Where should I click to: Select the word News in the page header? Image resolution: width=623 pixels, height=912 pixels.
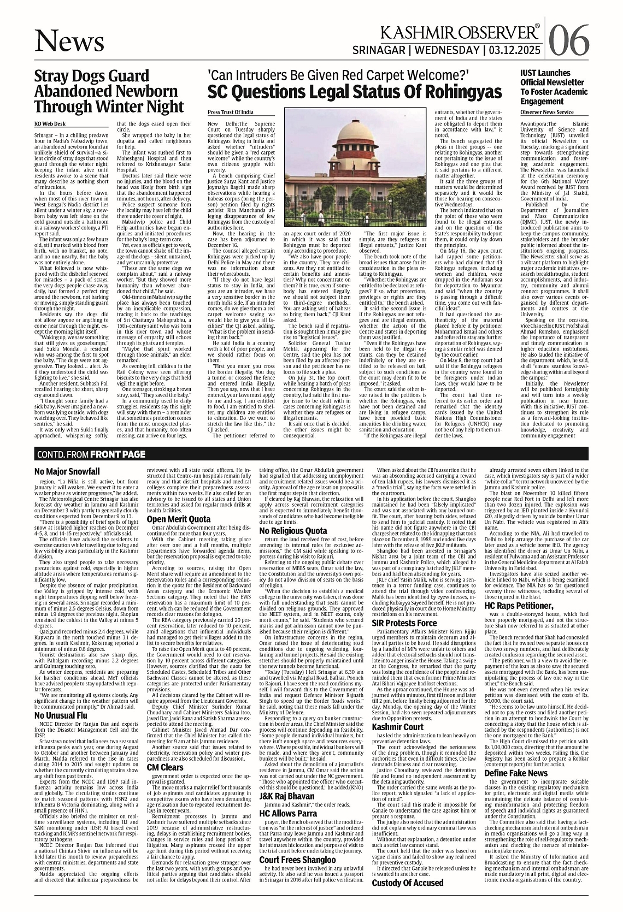coord(68,42)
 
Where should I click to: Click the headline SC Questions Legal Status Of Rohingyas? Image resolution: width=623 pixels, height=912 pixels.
coord(354,91)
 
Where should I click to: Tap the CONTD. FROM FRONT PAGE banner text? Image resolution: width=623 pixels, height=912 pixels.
coord(91,454)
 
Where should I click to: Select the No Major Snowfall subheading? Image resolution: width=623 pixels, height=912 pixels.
coord(67,471)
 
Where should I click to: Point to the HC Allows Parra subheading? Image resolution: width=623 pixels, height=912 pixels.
coord(288,813)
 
